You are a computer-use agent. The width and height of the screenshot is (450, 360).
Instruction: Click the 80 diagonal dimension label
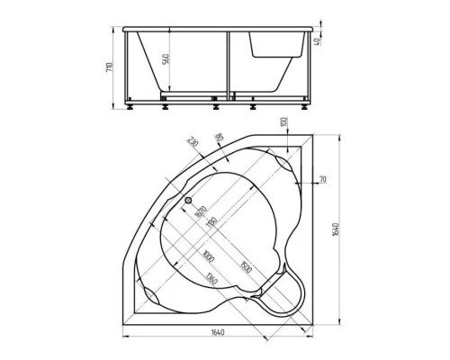point(219,139)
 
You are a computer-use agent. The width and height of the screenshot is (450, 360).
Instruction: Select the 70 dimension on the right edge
point(322,180)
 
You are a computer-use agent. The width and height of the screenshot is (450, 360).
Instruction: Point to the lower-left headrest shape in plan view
point(149,294)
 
